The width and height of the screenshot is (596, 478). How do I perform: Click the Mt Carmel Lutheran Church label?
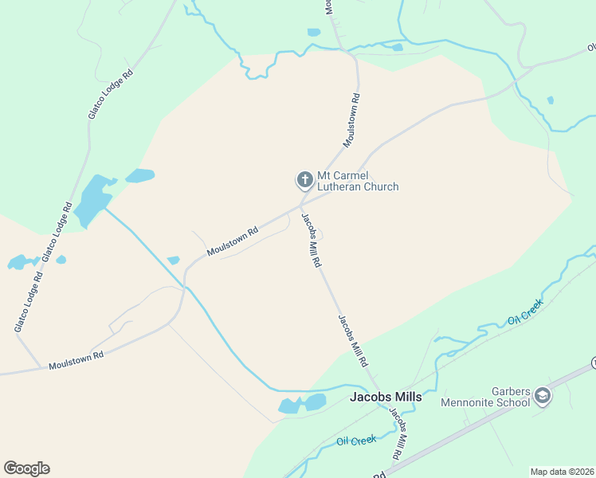point(358,181)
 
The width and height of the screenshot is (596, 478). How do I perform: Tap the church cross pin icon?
point(304,180)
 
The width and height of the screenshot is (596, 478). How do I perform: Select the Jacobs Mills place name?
point(386,397)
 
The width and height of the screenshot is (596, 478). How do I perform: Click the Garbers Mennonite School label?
point(486,396)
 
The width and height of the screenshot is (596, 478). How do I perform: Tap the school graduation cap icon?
point(543,396)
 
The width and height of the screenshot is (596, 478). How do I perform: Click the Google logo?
point(26,468)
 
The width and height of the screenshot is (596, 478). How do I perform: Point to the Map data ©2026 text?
point(562,471)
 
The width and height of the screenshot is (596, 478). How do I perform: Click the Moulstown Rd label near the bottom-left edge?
point(76,360)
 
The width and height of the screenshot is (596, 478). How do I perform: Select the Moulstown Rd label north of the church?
point(352,120)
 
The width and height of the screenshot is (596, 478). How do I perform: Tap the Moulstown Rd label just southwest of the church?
point(233,242)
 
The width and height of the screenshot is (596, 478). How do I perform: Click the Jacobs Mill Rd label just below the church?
point(311,238)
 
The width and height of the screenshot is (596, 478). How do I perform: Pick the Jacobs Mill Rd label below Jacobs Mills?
point(398,434)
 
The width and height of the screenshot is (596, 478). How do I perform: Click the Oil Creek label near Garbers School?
point(525,311)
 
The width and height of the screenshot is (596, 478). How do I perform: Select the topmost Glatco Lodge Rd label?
point(110,95)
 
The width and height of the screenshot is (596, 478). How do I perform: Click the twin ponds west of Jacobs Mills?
point(303,404)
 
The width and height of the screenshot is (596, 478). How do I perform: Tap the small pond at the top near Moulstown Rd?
point(314,33)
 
